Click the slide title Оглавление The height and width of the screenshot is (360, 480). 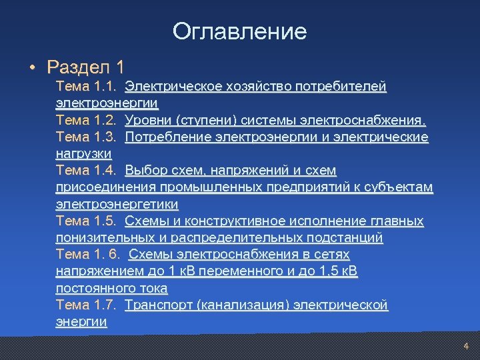(239, 31)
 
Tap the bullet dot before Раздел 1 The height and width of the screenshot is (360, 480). (31, 67)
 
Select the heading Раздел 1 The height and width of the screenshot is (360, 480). (86, 67)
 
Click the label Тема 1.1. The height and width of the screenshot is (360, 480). (87, 87)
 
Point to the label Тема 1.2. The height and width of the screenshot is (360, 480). (87, 121)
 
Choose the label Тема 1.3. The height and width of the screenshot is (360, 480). (87, 137)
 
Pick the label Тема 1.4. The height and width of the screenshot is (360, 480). (87, 171)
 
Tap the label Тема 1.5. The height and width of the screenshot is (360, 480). (87, 221)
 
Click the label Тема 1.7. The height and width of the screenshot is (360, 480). (87, 305)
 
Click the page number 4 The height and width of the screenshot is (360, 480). (466, 346)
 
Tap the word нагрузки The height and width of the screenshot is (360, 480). (83, 154)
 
